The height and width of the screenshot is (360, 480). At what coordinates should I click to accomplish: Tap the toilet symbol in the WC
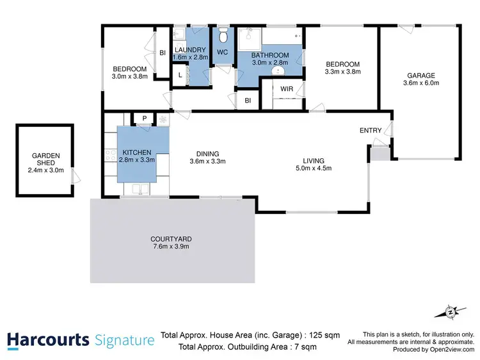coord(223,33)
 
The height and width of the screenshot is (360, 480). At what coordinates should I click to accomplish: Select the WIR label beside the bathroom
coord(287,89)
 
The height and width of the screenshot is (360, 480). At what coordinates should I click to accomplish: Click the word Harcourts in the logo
coord(47,340)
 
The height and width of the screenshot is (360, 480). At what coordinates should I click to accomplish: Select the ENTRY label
coord(371,131)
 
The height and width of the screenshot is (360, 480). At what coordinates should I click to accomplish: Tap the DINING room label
coord(208,154)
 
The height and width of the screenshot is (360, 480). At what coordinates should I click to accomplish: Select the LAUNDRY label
coord(191,50)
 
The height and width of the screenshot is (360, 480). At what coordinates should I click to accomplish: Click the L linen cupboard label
coord(180,76)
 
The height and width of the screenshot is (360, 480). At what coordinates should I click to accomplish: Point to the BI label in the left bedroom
coord(163,54)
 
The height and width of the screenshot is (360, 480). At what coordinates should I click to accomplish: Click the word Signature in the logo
coord(124,340)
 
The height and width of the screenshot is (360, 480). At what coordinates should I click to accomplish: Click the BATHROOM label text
coord(269,56)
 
